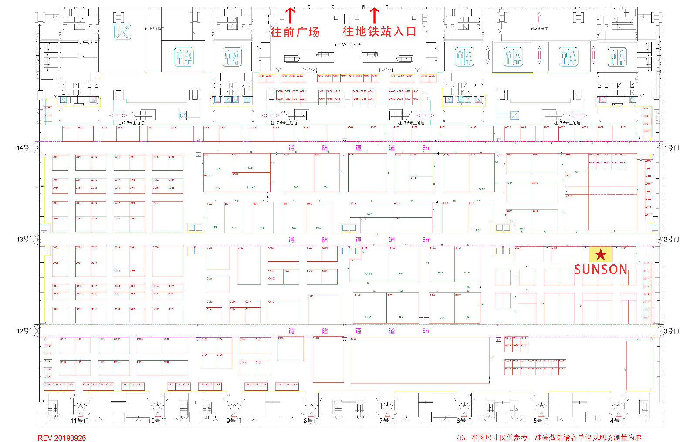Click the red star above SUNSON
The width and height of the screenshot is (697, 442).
click(x=601, y=254)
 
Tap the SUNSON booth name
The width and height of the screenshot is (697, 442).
click(x=601, y=270)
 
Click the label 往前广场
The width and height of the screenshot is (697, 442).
click(x=295, y=32)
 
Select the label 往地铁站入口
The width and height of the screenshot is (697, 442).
click(x=379, y=31)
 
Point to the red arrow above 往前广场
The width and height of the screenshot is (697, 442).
click(x=290, y=15)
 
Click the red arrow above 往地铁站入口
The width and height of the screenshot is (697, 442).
click(x=374, y=15)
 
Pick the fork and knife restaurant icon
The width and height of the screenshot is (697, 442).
click(x=122, y=32)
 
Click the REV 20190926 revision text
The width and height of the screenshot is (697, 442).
click(x=62, y=438)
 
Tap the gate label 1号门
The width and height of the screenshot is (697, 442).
click(x=671, y=148)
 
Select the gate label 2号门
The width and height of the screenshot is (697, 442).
click(x=671, y=239)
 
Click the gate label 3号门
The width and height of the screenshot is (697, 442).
click(x=671, y=331)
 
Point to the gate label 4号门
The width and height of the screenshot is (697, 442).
click(x=617, y=421)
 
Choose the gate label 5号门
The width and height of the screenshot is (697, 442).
click(x=541, y=421)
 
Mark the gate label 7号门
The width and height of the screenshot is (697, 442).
click(x=387, y=421)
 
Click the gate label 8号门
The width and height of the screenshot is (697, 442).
click(x=311, y=421)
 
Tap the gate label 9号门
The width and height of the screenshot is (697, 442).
click(x=234, y=421)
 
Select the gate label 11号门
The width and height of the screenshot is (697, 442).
click(x=80, y=421)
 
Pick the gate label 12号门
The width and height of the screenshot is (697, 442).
click(x=25, y=331)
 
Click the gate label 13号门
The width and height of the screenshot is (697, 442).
click(x=25, y=239)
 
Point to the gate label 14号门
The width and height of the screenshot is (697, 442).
click(x=25, y=148)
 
